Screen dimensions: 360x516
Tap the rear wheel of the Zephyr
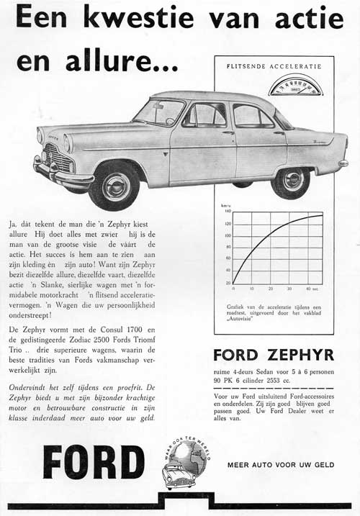(x=291, y=178)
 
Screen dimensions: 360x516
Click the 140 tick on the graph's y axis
(x=228, y=212)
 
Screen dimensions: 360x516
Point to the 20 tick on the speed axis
(x=228, y=282)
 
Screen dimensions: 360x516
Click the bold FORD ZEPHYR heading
(x=274, y=354)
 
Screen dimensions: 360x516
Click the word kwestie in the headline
(x=145, y=16)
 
